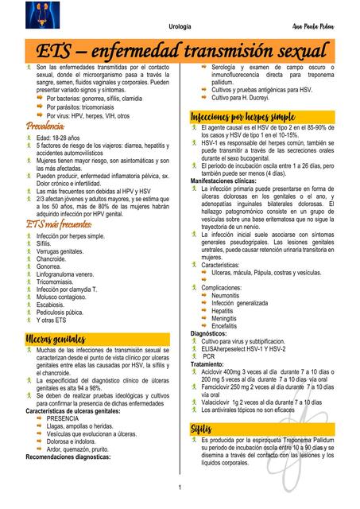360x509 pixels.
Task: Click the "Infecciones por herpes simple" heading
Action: tap(243, 117)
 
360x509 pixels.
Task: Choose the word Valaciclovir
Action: tap(218, 402)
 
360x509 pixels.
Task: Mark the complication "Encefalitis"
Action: tap(229, 324)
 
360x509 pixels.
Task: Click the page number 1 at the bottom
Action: tap(180, 487)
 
